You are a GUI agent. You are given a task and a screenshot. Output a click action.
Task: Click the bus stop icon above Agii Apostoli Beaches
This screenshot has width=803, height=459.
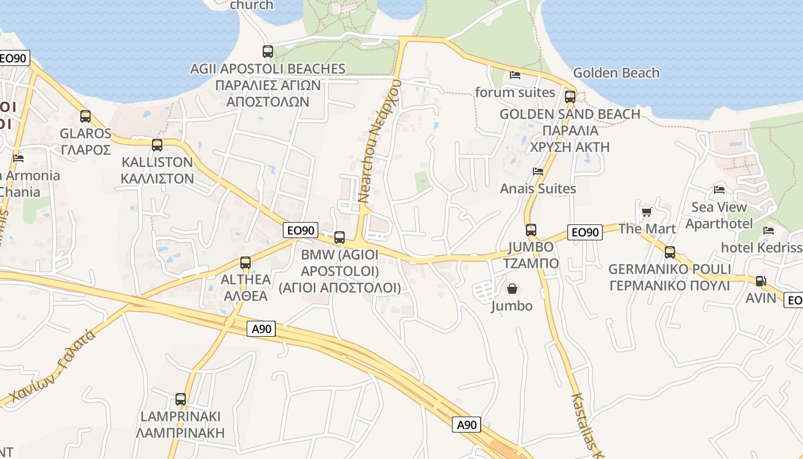[x=268, y=51]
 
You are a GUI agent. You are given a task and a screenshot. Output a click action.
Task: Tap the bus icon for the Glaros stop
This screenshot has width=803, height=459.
[x=85, y=116]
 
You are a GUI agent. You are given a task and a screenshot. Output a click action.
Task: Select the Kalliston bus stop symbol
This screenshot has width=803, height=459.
[x=157, y=145]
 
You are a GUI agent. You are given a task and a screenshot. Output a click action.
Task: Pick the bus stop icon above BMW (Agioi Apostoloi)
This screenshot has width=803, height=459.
[x=340, y=237]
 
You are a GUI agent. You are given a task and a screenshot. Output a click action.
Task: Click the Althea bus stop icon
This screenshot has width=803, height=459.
[x=245, y=263]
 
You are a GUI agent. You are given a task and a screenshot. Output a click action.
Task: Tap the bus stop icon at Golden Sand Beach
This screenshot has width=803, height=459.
[x=570, y=96]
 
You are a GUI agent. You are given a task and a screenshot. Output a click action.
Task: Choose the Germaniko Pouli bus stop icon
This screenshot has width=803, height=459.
[x=669, y=252]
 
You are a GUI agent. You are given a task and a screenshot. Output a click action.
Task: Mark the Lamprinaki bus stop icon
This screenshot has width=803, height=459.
[x=181, y=399]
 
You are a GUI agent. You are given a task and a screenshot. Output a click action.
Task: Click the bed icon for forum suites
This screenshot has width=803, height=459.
[x=515, y=75]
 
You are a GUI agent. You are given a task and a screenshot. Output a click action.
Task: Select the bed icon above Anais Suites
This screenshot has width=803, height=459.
[x=538, y=171]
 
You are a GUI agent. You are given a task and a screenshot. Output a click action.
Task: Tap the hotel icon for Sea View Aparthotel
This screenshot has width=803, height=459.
[x=719, y=189]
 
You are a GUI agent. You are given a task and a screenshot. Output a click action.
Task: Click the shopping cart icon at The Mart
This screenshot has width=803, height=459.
[x=647, y=212]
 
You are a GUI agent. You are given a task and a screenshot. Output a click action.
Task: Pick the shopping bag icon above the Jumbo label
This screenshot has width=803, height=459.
[x=512, y=289]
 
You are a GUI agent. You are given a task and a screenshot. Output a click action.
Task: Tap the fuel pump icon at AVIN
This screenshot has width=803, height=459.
[x=761, y=281]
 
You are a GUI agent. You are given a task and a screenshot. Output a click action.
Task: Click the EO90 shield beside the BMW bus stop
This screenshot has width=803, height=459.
[x=301, y=230]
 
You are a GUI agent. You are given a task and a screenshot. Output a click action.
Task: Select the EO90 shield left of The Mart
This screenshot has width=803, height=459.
[x=584, y=232]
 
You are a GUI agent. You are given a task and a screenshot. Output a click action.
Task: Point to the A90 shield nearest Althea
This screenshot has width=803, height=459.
[x=262, y=329]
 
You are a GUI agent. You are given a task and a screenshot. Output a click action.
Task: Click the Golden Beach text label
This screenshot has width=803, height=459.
[x=616, y=73]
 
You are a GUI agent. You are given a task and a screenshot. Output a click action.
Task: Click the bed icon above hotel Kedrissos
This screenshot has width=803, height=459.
[x=769, y=230]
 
